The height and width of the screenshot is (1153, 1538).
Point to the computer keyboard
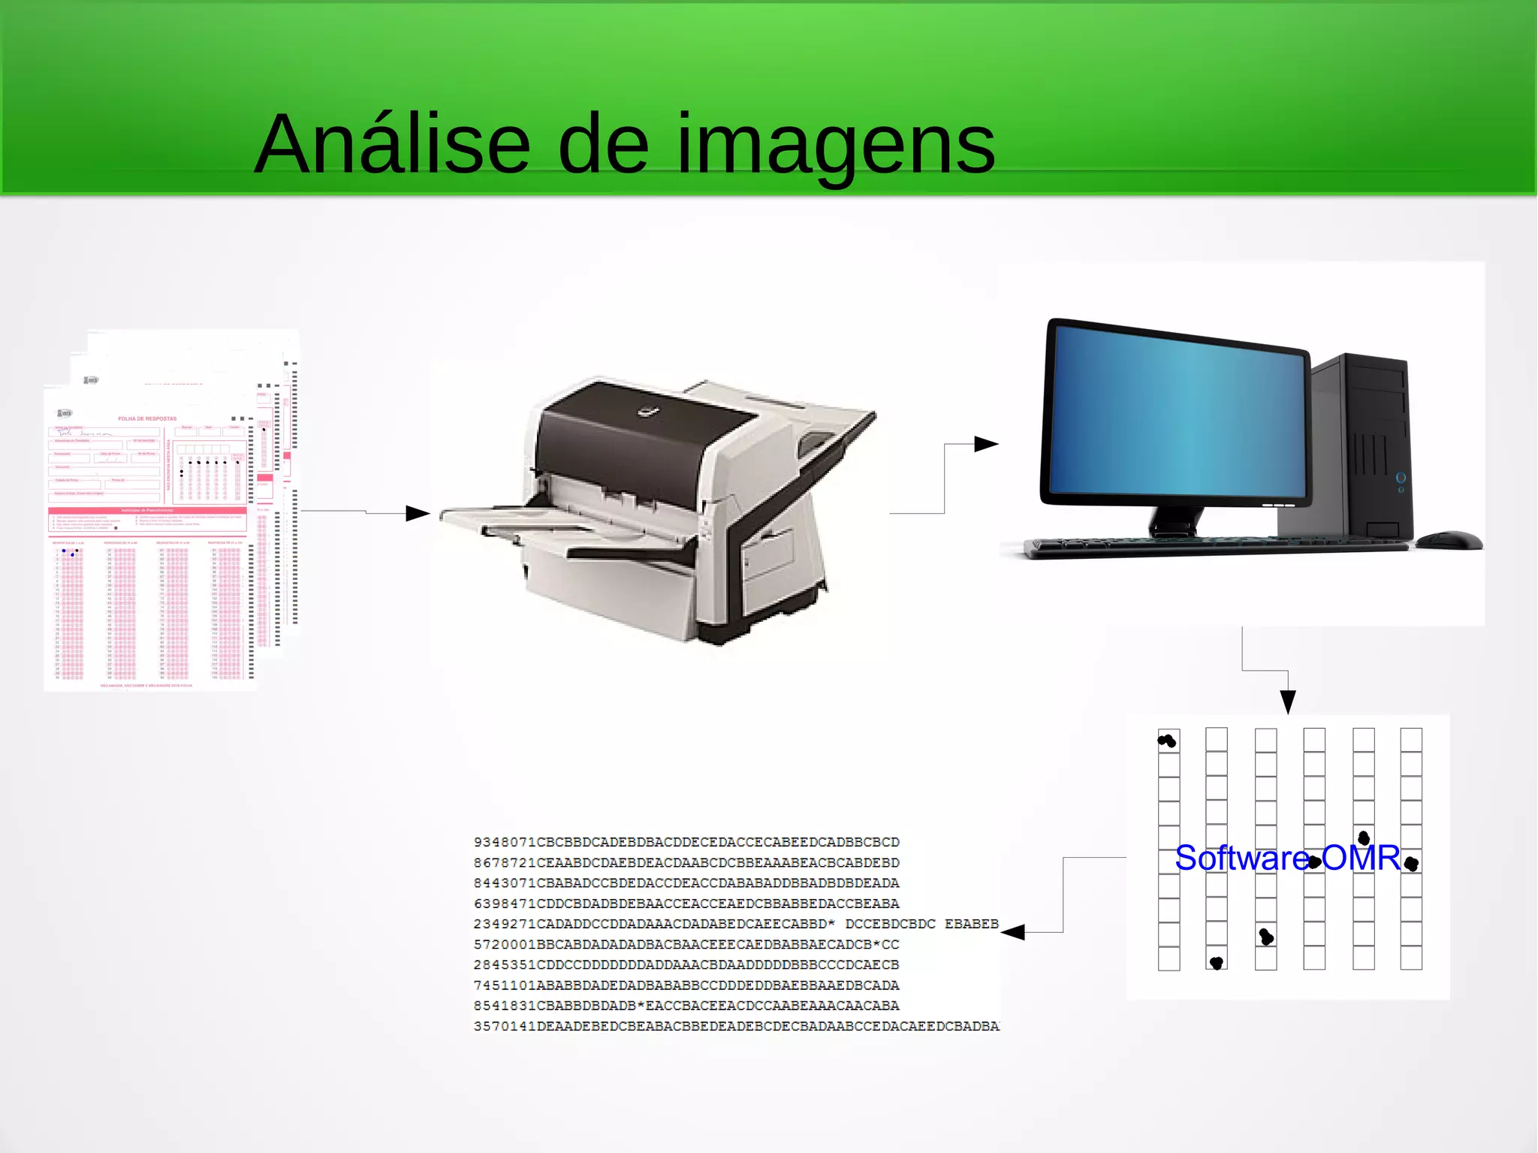pyautogui.click(x=1217, y=547)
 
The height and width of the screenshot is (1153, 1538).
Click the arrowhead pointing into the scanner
pyautogui.click(x=417, y=514)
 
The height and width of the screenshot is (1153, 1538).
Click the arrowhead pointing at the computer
pyautogui.click(x=985, y=444)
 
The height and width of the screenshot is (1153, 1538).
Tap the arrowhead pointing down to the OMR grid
pyautogui.click(x=1288, y=702)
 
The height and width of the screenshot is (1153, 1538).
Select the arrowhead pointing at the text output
pyautogui.click(x=1014, y=932)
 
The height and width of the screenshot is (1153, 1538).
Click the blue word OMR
pyautogui.click(x=1361, y=858)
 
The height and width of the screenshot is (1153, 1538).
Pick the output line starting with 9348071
pyautogui.click(x=686, y=842)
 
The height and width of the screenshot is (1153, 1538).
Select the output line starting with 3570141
pyautogui.click(x=736, y=1026)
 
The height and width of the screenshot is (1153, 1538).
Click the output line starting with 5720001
pyautogui.click(x=686, y=944)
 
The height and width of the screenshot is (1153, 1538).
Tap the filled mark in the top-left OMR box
pyautogui.click(x=1167, y=741)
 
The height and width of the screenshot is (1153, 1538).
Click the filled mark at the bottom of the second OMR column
pyautogui.click(x=1217, y=962)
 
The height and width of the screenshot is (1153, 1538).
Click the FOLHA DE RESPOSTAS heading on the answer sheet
pyautogui.click(x=147, y=418)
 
